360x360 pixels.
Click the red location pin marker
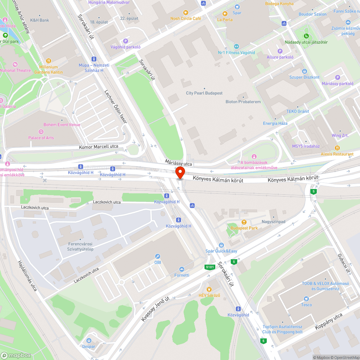pyautogui.click(x=180, y=173)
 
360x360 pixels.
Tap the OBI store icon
pyautogui.click(x=157, y=256)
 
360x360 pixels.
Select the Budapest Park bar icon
pyautogui.click(x=244, y=222)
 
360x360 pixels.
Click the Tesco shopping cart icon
pyautogui.click(x=306, y=299)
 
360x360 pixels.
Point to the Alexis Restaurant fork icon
pyautogui.click(x=337, y=148)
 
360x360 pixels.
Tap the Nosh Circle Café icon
pyautogui.click(x=186, y=13)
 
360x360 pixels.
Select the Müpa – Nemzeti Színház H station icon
pyautogui.click(x=94, y=59)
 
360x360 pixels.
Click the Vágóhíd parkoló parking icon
pyautogui.click(x=125, y=41)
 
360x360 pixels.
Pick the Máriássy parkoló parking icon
pyautogui.click(x=337, y=77)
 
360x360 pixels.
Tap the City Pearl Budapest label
pyautogui.click(x=204, y=93)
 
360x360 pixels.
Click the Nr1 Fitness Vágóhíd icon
pyautogui.click(x=237, y=46)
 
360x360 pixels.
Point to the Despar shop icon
pyautogui.click(x=89, y=341)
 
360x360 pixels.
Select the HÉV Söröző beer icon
pyautogui.click(x=209, y=289)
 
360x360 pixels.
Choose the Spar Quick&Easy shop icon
pyautogui.click(x=221, y=245)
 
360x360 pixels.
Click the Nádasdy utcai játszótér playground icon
pyautogui.click(x=306, y=36)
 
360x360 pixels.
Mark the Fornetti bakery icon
pyautogui.click(x=182, y=269)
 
